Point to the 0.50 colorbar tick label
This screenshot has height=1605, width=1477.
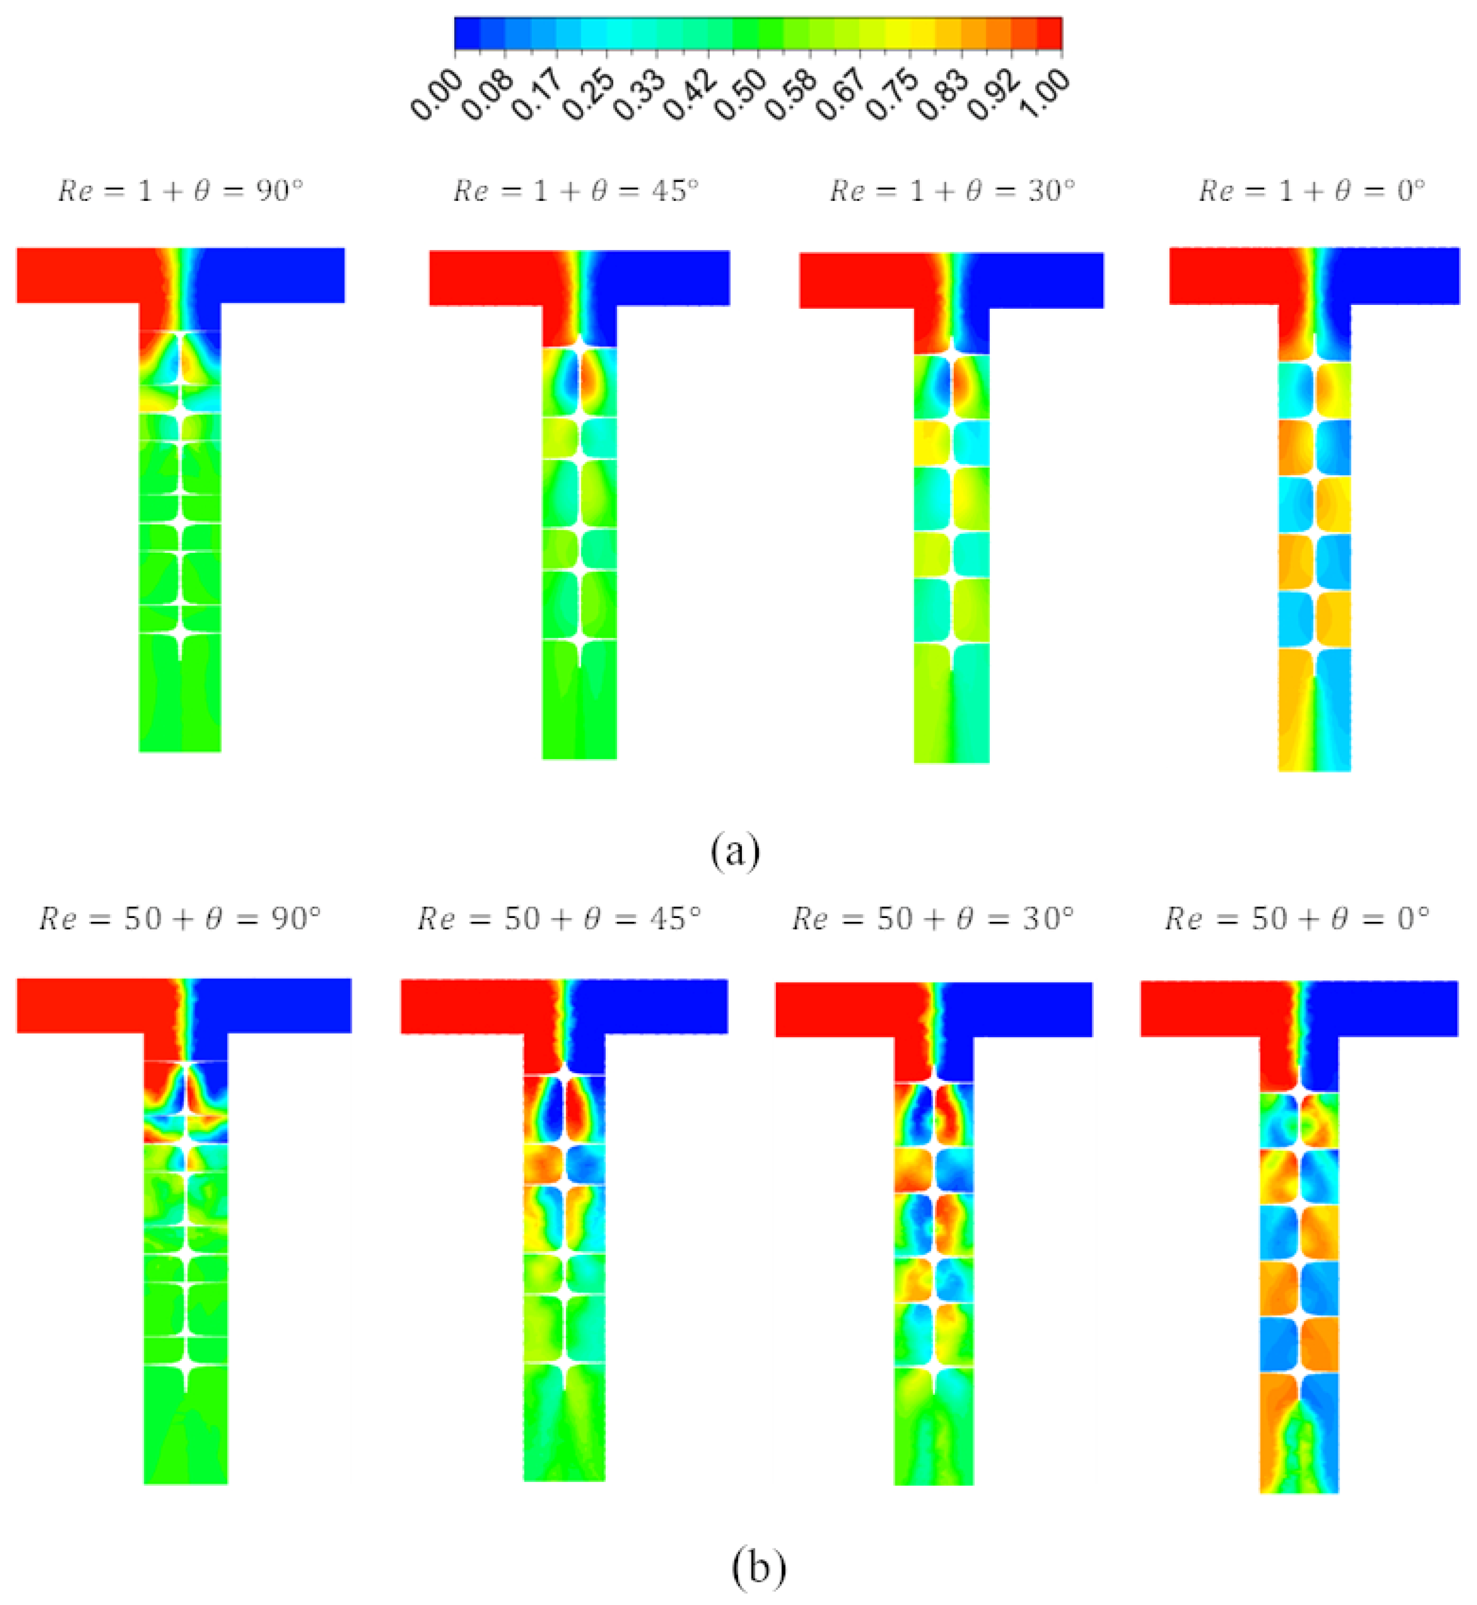[x=739, y=96]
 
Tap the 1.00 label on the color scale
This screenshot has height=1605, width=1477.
[x=1043, y=96]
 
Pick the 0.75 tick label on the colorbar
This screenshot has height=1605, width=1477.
[x=891, y=96]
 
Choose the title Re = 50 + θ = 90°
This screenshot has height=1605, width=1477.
[x=180, y=920]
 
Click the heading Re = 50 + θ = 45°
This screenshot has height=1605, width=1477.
[x=559, y=920]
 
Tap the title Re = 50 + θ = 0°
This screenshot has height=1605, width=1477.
[x=1296, y=920]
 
